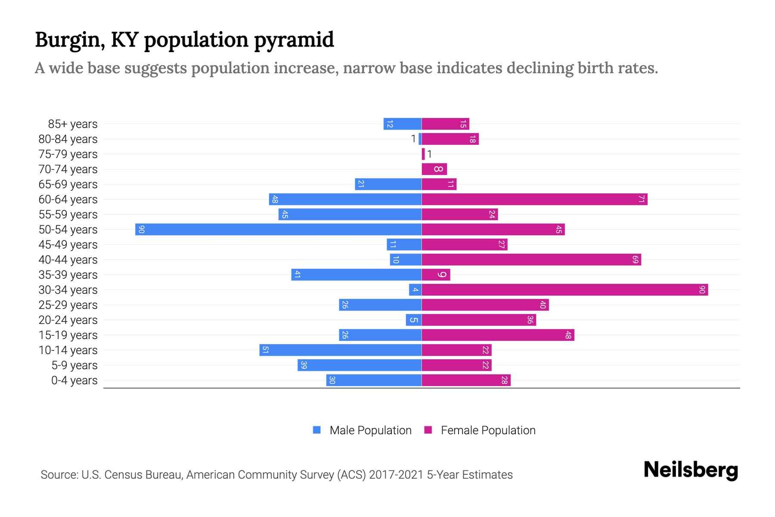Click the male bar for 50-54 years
click(x=278, y=229)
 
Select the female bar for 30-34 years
click(x=564, y=290)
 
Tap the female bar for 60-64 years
click(x=534, y=199)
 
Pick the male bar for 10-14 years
click(x=340, y=350)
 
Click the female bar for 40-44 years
click(x=531, y=259)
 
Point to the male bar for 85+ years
click(x=403, y=124)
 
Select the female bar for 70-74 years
click(x=434, y=169)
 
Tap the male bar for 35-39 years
click(x=356, y=274)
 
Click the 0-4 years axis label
click(x=74, y=380)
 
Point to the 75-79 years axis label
click(x=68, y=154)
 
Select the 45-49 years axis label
click(x=68, y=245)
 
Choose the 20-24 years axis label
click(x=68, y=320)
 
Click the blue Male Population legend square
click(x=317, y=430)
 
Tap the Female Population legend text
click(x=488, y=430)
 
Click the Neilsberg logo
click(x=691, y=470)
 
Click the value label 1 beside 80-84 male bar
click(x=413, y=139)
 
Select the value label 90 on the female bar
click(x=702, y=290)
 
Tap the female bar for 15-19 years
click(x=498, y=335)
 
